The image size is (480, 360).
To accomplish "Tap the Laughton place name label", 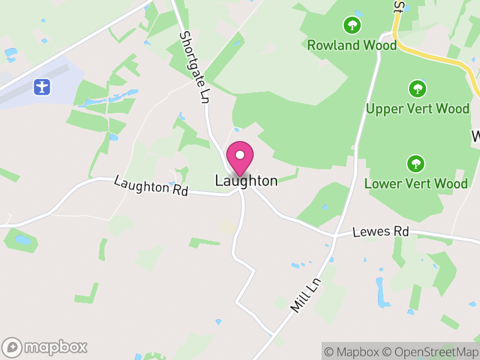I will [x=246, y=181].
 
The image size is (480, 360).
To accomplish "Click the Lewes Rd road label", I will [x=380, y=232].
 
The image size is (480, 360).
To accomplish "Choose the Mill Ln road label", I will [x=306, y=295].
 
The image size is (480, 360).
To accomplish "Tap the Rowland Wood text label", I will [x=352, y=45].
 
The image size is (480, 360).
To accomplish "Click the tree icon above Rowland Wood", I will [x=352, y=25].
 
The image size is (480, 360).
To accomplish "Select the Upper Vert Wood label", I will [x=418, y=109].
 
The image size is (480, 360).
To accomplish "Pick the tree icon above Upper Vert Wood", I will [x=418, y=89].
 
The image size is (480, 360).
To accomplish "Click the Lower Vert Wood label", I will [x=416, y=183].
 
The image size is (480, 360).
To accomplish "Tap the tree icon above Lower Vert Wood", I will [x=415, y=163].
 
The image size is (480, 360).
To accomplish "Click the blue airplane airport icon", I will [x=42, y=86].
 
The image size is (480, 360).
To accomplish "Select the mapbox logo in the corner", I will [x=46, y=347].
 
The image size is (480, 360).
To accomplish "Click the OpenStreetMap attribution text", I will [x=430, y=352].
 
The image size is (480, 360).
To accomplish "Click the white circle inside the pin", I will [x=240, y=155].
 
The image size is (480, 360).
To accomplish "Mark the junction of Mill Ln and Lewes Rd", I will [x=334, y=237].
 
